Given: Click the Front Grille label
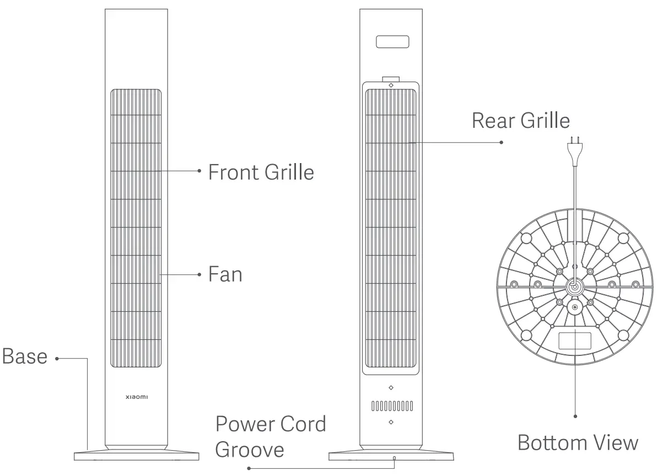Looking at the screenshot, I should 261,172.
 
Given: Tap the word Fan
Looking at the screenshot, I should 225,274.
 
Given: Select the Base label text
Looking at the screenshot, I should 25,356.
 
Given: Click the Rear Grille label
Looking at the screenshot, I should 521,120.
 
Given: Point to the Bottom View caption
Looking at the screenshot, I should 578,442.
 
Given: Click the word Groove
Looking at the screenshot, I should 250,450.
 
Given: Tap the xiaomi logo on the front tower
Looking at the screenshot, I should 137,397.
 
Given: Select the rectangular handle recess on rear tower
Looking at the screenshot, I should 392,42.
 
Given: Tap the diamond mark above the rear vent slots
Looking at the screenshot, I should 391,388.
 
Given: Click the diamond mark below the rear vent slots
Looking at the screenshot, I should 391,422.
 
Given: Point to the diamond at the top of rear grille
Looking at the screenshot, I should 391,85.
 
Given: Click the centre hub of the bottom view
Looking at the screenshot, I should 574,286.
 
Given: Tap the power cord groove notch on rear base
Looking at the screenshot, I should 395,457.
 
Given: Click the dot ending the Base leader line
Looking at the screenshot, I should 57,359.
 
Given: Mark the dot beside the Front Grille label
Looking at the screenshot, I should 200,171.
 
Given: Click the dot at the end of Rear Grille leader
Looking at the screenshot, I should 502,142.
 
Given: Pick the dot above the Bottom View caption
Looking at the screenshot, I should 575,416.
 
